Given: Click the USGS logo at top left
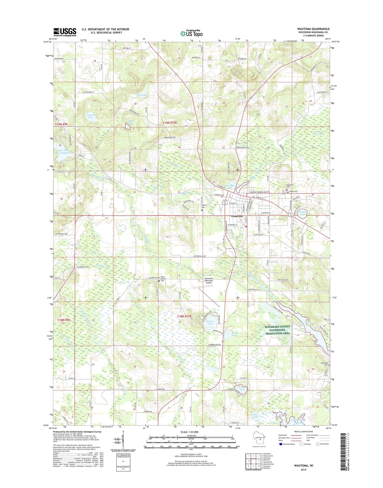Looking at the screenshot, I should (x=65, y=32).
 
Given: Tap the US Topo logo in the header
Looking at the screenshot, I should (x=191, y=33).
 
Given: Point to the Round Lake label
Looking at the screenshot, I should (x=91, y=116).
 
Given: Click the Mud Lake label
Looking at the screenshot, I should (x=141, y=95).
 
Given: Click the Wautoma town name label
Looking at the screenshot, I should (x=237, y=216).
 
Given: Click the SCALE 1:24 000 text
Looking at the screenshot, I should (x=191, y=432).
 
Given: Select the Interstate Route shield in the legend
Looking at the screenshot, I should (x=281, y=444).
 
